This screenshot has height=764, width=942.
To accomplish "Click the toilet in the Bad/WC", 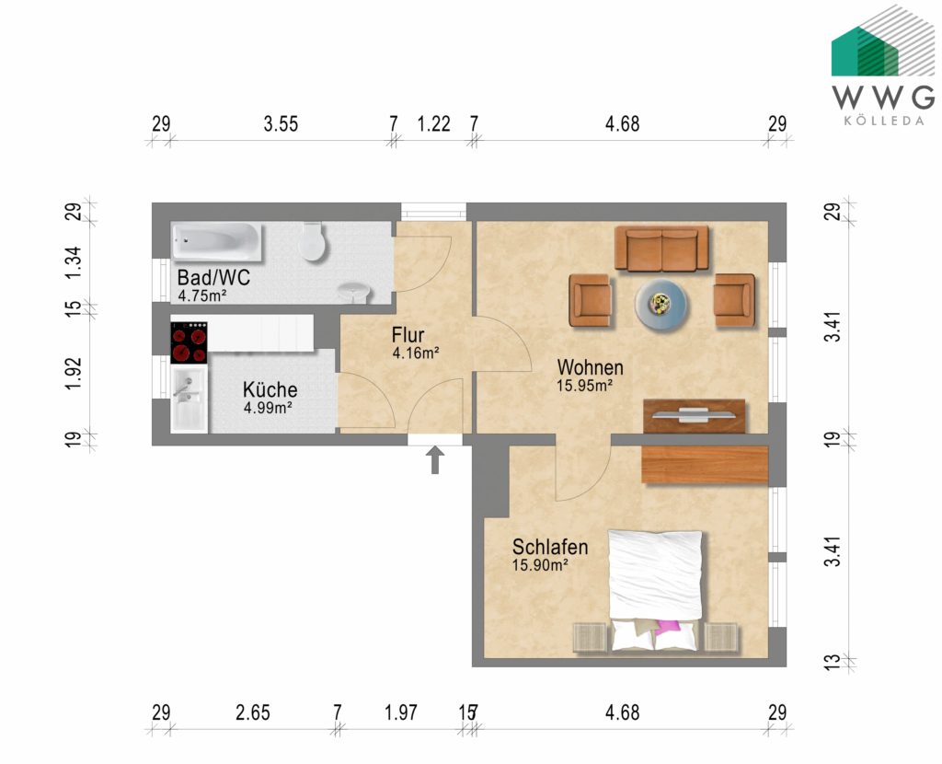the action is pos(313,241).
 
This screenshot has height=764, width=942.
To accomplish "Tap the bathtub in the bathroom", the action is pos(217,242).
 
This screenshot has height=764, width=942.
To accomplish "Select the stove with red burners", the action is pos(190,342).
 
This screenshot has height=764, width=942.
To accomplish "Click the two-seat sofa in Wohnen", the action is pos(661,249).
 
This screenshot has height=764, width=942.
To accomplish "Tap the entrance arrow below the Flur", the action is pos(435,460).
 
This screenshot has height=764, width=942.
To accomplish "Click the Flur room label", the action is pos(408,335).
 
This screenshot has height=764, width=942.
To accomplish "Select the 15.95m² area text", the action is pos(584,386).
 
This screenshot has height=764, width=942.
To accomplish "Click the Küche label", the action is pos(270,389).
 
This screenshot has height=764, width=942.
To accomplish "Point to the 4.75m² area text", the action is pos(202,295).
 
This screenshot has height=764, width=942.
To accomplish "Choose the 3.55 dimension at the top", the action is pos(281,124).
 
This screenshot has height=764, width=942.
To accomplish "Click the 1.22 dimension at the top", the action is pos(434,124).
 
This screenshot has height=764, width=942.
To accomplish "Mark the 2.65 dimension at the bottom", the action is pos(253,712).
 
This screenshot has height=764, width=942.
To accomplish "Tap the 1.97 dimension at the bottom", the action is pos(401,712).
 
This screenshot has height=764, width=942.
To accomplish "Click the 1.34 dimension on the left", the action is pos(74,262).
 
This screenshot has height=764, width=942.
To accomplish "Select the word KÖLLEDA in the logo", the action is pos(884,121).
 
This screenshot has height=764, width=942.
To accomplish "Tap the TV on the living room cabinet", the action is pos(694,413).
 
